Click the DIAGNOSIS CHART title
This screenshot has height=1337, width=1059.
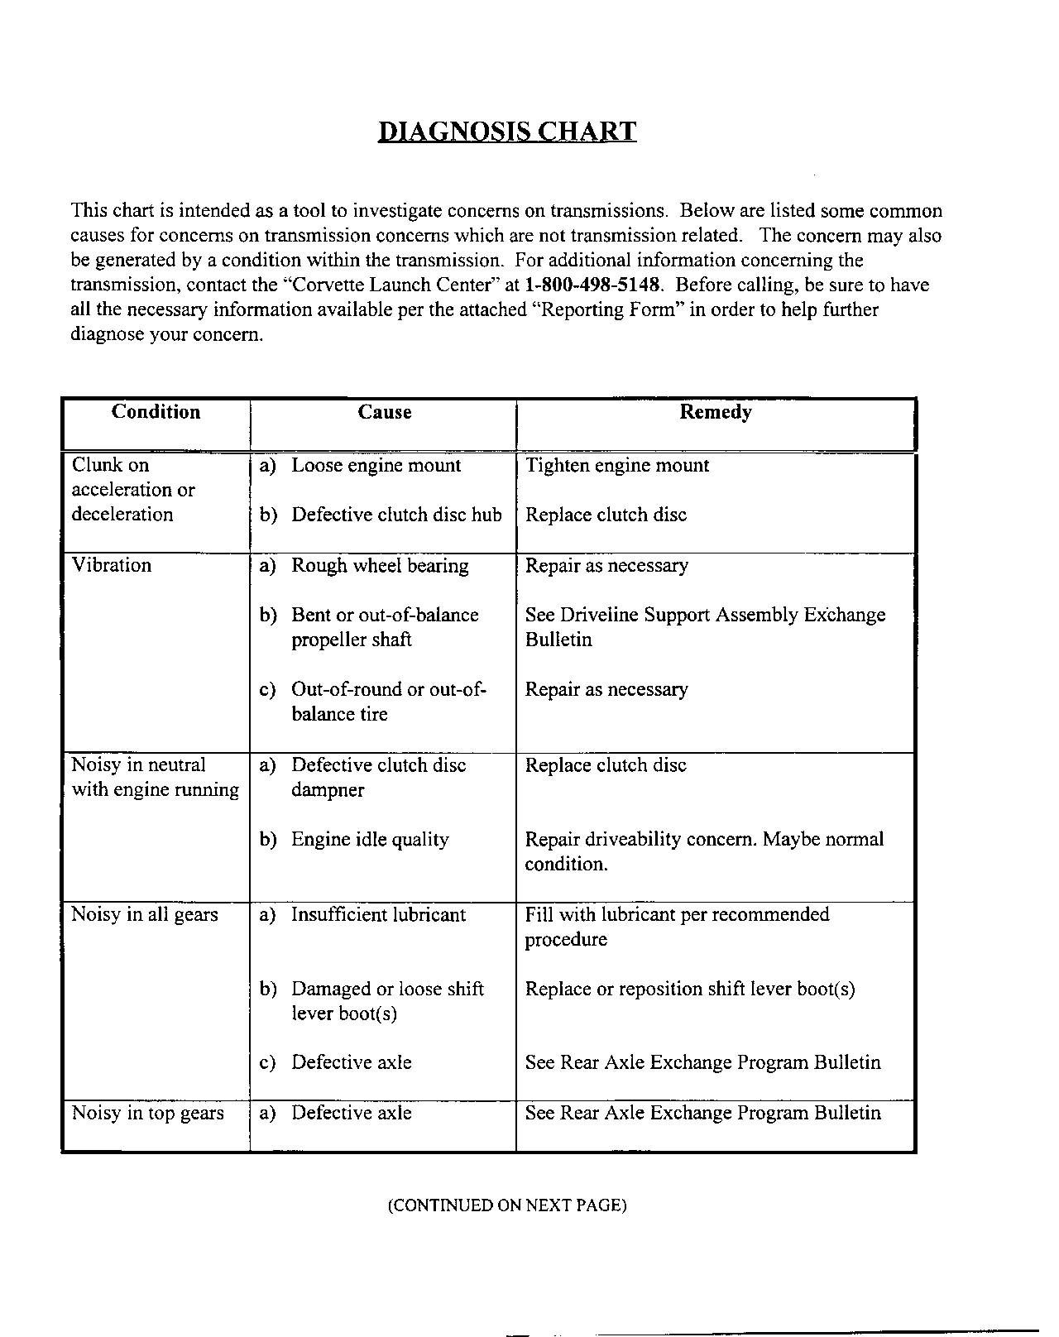tap(507, 132)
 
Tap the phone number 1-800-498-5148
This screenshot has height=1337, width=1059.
tap(593, 285)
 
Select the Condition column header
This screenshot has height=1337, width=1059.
tap(156, 412)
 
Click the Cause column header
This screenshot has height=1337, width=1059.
tap(384, 412)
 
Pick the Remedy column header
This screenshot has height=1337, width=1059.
tap(716, 412)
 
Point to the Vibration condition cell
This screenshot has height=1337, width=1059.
tap(112, 566)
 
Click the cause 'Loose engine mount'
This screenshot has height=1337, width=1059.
tap(376, 466)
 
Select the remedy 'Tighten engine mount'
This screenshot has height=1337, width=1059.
tap(617, 466)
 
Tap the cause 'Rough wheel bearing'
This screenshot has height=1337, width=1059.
tap(380, 566)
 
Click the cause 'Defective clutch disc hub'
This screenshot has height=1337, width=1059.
tap(396, 515)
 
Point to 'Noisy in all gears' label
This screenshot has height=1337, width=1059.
tap(145, 915)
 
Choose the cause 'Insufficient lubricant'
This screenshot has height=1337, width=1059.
tap(378, 915)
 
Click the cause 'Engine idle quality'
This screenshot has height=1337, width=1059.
tap(370, 840)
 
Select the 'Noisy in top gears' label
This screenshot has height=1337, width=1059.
tap(148, 1114)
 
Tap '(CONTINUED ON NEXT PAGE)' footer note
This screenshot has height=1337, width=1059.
tap(507, 1205)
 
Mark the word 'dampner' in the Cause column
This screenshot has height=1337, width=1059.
tap(328, 790)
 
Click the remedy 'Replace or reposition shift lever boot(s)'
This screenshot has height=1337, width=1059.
tap(690, 990)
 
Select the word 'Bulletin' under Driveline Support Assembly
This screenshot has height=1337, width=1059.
tap(558, 640)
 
